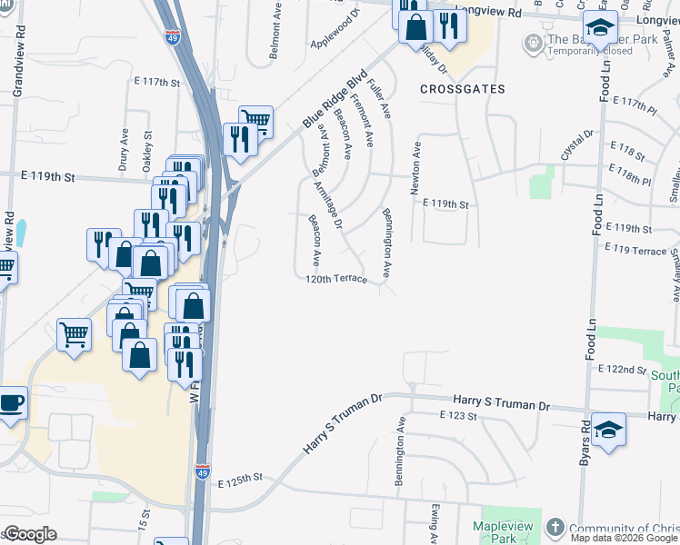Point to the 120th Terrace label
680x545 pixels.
click(336, 280)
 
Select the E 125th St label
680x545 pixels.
click(239, 477)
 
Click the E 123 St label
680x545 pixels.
click(457, 415)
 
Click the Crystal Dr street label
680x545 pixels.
click(577, 145)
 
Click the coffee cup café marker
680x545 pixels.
click(10, 403)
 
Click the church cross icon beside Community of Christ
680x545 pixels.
click(555, 528)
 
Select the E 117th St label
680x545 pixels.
click(156, 83)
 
